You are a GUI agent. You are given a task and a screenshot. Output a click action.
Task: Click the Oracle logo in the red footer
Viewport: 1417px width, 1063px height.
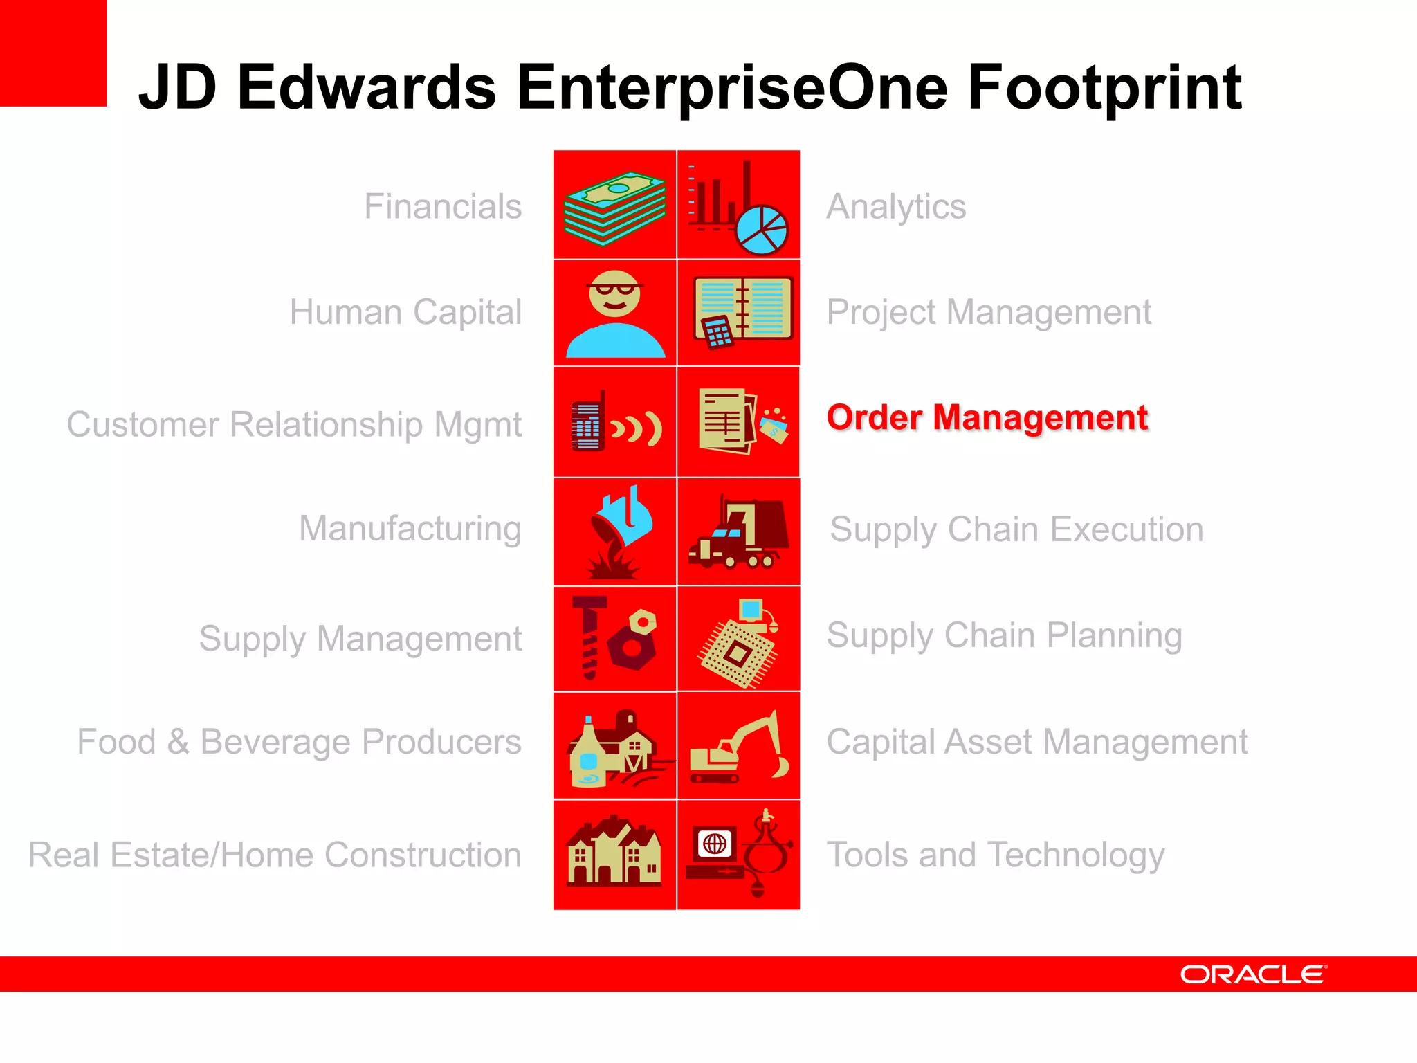[x=1253, y=974]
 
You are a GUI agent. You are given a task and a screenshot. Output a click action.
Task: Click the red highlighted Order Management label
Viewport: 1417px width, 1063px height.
[x=987, y=418]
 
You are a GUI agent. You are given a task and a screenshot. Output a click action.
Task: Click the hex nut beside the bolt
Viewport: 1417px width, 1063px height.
[x=632, y=641]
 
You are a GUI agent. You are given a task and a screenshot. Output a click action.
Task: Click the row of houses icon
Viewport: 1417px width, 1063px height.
[x=613, y=853]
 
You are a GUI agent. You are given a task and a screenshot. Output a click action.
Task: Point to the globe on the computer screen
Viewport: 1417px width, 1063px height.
[x=715, y=844]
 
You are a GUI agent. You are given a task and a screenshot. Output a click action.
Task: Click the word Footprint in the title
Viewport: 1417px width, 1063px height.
[x=1104, y=88]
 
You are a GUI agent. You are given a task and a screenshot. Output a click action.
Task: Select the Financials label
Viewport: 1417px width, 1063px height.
[x=443, y=206]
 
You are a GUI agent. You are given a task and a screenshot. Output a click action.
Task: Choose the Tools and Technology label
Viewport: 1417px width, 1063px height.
[x=995, y=855]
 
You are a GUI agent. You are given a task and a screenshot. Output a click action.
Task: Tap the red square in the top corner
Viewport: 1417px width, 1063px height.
[x=53, y=53]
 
